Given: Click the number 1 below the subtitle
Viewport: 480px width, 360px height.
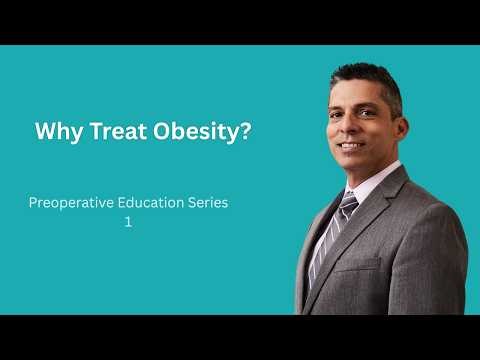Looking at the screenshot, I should click(128, 223).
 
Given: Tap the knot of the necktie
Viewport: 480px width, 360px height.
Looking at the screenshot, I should click(349, 203).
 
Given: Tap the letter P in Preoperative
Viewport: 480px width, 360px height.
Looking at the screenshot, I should click(34, 202).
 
